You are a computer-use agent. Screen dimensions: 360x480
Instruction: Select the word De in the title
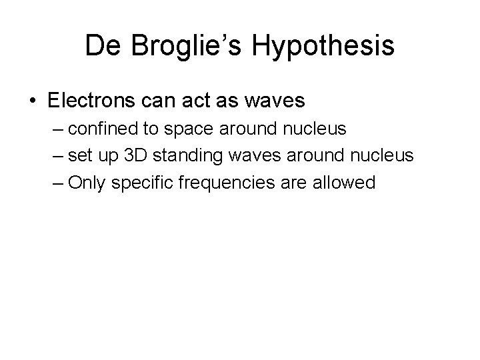[x=101, y=45]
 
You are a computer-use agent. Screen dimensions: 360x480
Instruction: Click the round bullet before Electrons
[x=33, y=101]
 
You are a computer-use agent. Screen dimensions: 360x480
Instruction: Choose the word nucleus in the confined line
[x=315, y=129]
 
